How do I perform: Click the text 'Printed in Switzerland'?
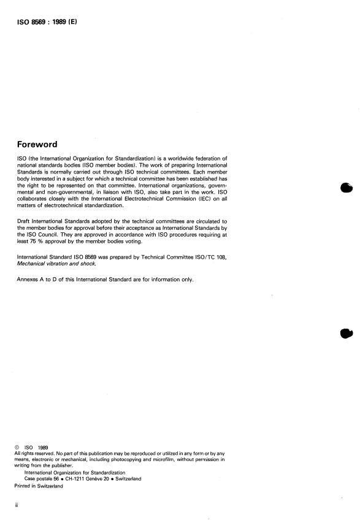point(39,486)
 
